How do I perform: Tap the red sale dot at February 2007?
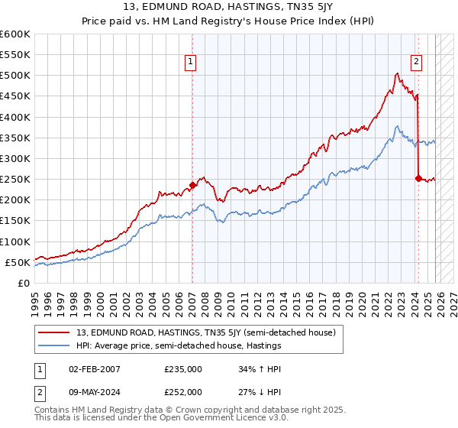coord(192,185)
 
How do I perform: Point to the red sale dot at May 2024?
coord(418,178)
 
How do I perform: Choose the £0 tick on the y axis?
coord(23,283)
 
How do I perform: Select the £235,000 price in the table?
coord(183,368)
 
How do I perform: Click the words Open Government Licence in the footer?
coord(198,420)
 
